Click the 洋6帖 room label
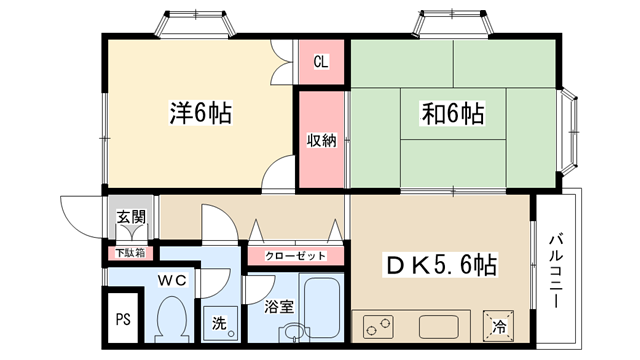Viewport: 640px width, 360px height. click(x=201, y=113)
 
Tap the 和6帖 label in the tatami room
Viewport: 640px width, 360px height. click(x=453, y=113)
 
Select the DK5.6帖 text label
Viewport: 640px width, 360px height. click(x=440, y=265)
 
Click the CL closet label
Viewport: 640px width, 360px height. click(x=321, y=62)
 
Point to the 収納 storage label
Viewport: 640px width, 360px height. click(x=322, y=140)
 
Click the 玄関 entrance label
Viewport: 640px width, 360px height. click(x=131, y=217)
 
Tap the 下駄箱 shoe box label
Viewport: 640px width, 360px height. click(x=130, y=253)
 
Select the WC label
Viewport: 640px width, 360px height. click(x=172, y=280)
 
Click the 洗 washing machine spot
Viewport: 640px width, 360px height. click(x=219, y=324)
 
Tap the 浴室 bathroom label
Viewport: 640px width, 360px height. click(x=279, y=307)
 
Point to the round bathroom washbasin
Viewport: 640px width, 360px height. click(x=291, y=333)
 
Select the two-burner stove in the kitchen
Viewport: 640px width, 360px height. click(x=378, y=326)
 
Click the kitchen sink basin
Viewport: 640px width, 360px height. click(x=438, y=327)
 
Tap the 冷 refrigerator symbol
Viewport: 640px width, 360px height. click(x=498, y=327)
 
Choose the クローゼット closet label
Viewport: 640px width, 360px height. click(x=296, y=256)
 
